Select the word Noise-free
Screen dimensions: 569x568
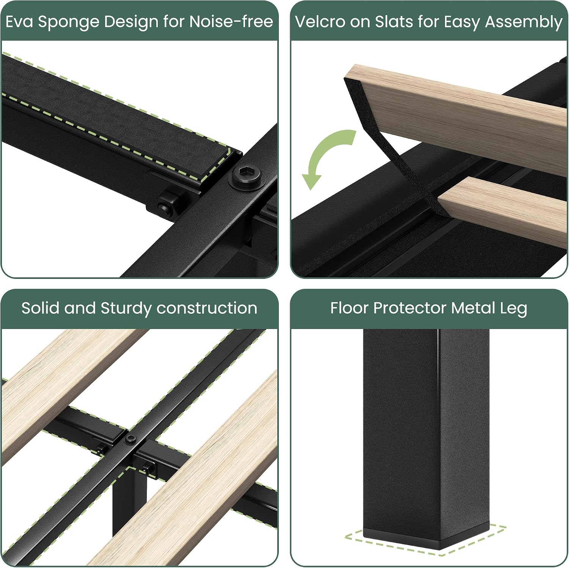231,22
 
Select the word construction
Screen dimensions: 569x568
207,308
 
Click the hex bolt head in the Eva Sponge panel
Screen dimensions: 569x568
248,175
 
